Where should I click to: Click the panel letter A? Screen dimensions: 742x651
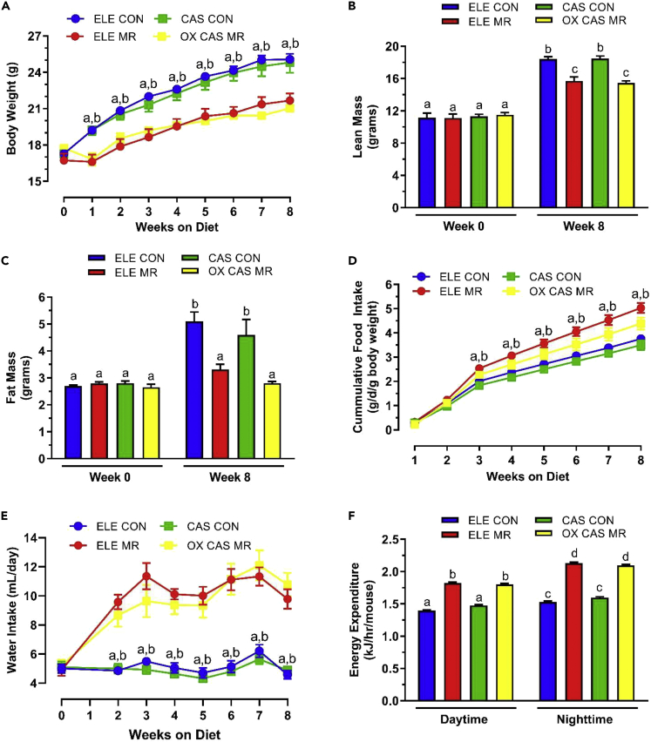7,8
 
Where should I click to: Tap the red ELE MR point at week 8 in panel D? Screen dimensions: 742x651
641,307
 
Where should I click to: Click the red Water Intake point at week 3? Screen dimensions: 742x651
147,576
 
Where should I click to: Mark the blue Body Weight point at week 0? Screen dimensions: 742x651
64,154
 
